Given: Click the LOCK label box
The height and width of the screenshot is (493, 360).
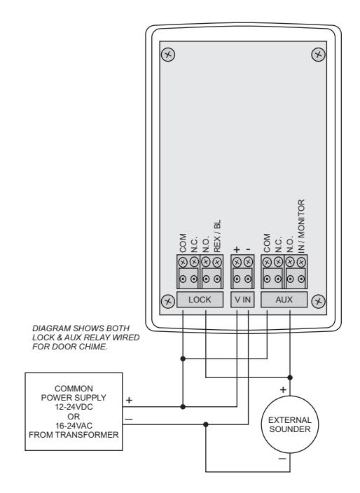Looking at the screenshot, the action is [200, 299].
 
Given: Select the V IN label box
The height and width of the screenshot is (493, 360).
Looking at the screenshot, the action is [242, 299].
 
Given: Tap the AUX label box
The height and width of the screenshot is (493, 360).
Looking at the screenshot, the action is [284, 299].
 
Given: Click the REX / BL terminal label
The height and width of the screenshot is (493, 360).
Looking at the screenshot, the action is [217, 236].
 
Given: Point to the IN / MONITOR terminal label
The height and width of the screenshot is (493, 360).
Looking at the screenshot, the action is [301, 225].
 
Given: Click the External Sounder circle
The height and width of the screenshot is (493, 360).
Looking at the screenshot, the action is [290, 424].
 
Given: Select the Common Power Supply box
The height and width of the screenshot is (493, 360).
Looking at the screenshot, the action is [74, 412].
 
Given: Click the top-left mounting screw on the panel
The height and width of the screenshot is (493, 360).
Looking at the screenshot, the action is [168, 55].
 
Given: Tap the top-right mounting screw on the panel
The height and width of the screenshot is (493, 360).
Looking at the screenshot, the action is [318, 55].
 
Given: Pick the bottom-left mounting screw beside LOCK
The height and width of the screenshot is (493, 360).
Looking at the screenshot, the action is [168, 301].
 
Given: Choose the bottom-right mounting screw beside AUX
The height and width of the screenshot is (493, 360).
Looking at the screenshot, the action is [318, 301].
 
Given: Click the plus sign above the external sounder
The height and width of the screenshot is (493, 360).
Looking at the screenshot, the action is [283, 390].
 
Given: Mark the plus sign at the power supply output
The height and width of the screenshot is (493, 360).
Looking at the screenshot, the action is [129, 401].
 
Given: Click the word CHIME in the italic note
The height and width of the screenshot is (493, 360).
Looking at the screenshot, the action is [94, 347].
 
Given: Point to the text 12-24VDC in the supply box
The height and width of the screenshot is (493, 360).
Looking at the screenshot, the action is [74, 407].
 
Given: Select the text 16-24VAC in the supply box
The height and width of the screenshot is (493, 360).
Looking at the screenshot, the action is [74, 426].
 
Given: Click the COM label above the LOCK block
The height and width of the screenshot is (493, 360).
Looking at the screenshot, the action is [183, 243].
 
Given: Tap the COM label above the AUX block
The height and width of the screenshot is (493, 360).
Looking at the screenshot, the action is [267, 243].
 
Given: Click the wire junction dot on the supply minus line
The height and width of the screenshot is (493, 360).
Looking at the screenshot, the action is [206, 424].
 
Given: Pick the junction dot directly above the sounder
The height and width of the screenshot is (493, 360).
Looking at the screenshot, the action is [290, 377].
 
